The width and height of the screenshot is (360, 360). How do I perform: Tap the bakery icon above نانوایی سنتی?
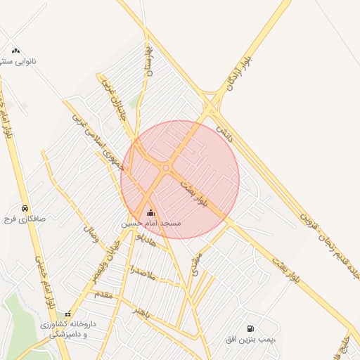coord(15,51)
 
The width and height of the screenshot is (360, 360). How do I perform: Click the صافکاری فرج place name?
coord(25,219)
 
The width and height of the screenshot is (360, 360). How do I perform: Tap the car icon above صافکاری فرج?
coord(25,208)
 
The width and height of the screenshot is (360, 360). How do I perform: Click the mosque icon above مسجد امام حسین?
coord(150,213)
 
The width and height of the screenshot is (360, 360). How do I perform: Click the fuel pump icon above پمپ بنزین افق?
coord(250,328)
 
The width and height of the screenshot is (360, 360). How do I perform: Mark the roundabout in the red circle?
coord(166,168)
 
